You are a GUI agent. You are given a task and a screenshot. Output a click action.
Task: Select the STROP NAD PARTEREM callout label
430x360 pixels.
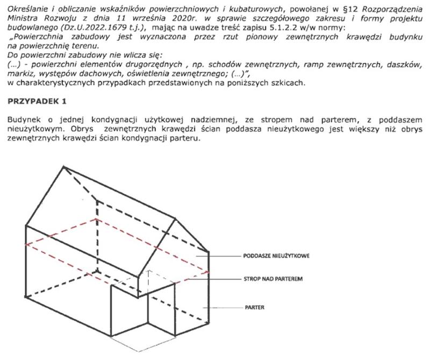click(x=274, y=280)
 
